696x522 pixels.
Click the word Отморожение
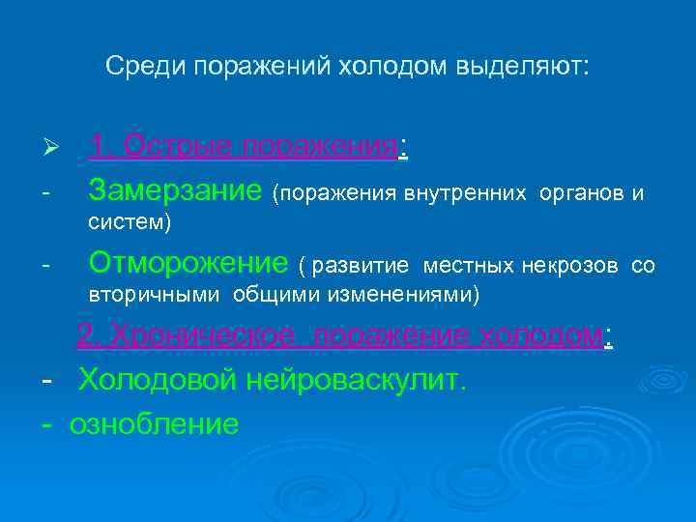coord(188,262)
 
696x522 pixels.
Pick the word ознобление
coord(154,423)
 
